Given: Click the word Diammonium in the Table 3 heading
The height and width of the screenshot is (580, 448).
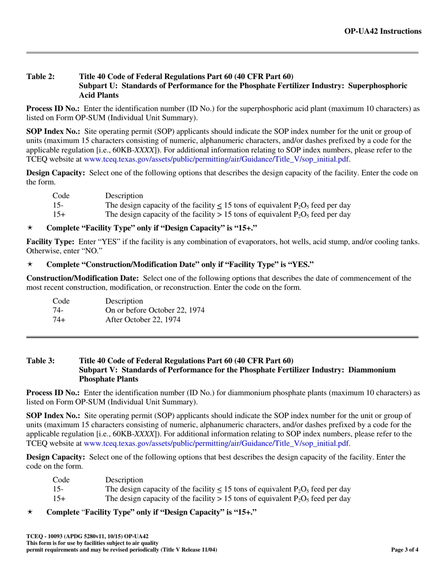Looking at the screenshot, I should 372,370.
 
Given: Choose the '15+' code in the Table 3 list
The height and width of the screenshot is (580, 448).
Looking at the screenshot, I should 58,498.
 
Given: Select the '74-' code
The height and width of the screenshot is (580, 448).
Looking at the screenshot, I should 57,310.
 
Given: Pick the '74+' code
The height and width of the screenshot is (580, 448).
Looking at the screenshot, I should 58,319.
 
